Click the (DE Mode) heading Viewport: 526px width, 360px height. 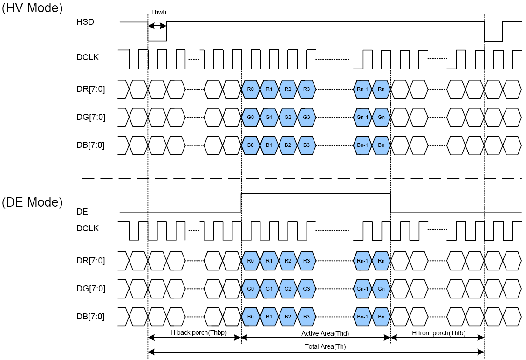click(32, 202)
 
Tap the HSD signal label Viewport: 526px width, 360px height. click(85, 21)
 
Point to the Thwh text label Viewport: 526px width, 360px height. click(158, 12)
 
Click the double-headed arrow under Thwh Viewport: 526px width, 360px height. click(157, 26)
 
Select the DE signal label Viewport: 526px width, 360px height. click(82, 212)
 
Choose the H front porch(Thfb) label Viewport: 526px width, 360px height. click(438, 332)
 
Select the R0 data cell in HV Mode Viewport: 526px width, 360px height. click(251, 89)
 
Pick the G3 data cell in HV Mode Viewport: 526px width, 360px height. click(306, 117)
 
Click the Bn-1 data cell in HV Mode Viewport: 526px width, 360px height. click(362, 145)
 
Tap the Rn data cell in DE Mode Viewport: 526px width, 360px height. click(381, 261)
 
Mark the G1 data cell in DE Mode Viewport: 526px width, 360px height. click(269, 289)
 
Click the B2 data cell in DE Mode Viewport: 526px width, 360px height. click(288, 317)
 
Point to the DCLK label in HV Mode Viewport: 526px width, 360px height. click(88, 57)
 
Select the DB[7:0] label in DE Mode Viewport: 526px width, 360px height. click(90, 317)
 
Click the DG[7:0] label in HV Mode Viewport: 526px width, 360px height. click(91, 117)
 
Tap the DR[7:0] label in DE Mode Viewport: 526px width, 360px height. click(90, 261)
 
